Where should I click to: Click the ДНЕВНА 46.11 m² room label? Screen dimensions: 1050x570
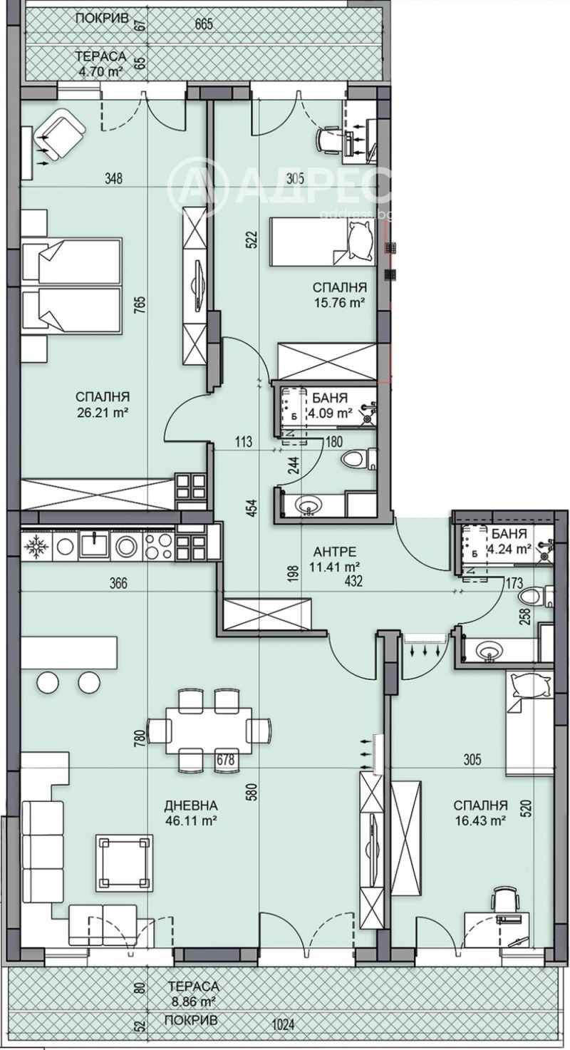[x=190, y=813]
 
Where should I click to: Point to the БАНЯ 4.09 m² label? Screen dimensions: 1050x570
[x=332, y=406]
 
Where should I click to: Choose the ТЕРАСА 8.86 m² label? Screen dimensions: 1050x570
[x=193, y=993]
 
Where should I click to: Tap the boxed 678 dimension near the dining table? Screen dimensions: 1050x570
[x=225, y=760]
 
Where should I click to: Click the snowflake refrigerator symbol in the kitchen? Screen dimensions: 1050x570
[x=34, y=547]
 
